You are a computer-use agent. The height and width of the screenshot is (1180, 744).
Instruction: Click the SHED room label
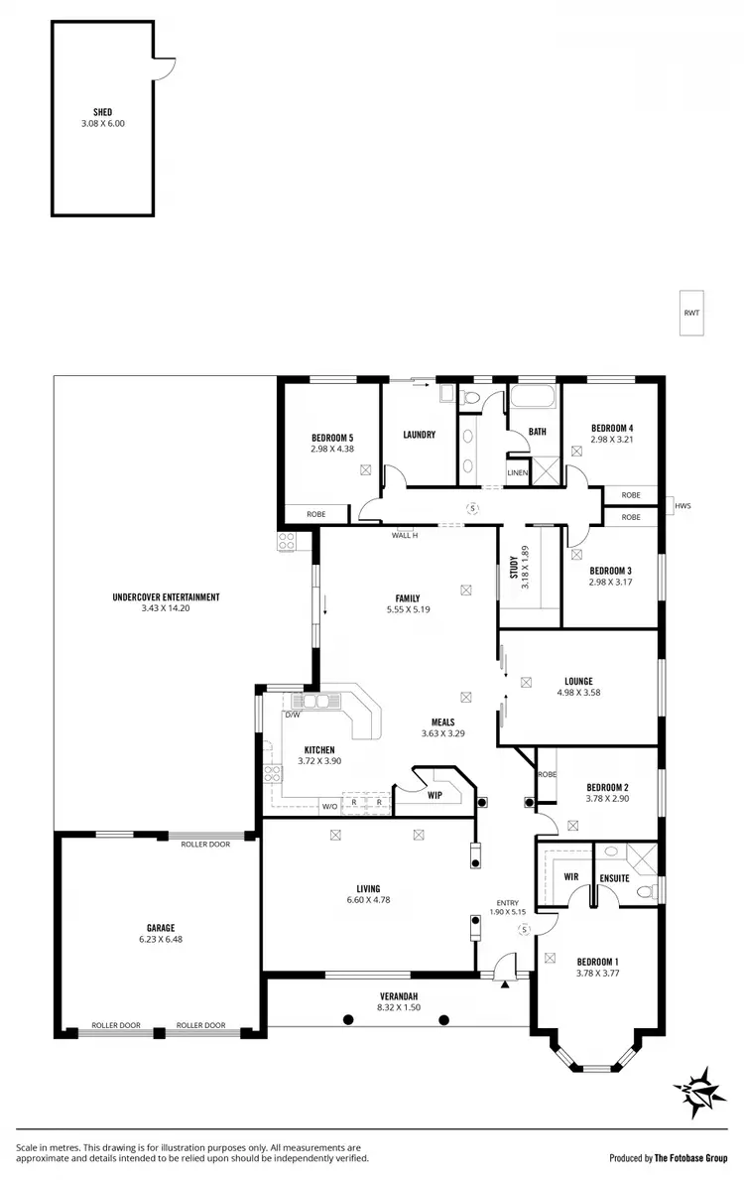click(103, 113)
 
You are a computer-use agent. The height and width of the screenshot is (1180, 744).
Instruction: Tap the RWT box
click(691, 313)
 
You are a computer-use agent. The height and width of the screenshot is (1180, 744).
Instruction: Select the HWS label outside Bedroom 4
click(682, 506)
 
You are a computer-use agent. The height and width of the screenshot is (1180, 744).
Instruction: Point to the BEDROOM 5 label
click(331, 438)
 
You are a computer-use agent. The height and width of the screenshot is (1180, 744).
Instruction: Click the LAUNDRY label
click(420, 434)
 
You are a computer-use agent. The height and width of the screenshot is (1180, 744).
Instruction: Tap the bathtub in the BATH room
click(534, 401)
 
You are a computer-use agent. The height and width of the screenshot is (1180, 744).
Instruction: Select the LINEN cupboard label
click(518, 472)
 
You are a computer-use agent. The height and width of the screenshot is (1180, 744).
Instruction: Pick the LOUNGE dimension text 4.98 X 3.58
click(578, 693)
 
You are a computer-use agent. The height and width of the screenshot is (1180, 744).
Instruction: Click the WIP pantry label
click(434, 794)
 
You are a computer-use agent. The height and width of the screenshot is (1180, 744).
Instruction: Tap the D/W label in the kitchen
click(292, 714)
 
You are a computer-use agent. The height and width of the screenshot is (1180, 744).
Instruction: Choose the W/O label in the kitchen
click(329, 805)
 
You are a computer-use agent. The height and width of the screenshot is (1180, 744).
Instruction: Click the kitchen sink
click(316, 701)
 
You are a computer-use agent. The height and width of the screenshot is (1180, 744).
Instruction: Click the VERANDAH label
click(396, 995)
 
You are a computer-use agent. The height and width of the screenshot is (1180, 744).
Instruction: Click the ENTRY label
click(507, 902)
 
